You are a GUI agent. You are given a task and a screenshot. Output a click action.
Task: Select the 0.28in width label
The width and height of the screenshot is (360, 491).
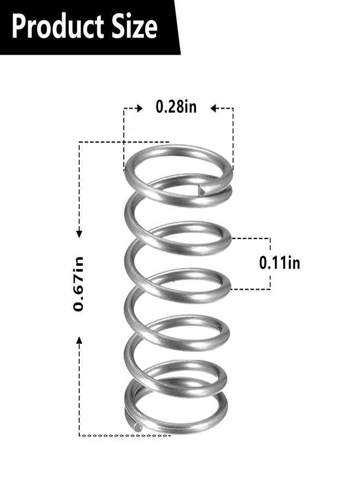point(176,107)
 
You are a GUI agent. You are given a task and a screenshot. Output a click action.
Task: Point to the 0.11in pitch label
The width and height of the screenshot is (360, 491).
point(279,263)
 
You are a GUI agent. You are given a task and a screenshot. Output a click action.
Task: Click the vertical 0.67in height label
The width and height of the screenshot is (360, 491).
point(80,284)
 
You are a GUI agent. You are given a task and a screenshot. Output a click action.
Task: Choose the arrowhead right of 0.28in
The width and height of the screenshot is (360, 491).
point(214,109)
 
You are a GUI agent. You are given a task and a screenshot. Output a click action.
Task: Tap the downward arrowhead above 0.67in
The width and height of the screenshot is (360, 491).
point(80,233)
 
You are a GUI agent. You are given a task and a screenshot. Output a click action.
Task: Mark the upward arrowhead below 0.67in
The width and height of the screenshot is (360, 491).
point(80,340)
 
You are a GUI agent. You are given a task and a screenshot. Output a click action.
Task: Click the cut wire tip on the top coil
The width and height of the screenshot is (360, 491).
point(202,190)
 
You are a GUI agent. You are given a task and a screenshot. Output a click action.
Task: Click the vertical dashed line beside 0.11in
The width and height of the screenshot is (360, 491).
point(270,264)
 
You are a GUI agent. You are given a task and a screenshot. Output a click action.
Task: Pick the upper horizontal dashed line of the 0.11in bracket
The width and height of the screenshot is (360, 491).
point(251,238)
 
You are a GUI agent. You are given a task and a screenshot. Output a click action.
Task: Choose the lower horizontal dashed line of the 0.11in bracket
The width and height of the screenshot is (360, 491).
point(251,289)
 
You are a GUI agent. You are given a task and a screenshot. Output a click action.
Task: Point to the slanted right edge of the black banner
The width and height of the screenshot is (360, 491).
point(177,27)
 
